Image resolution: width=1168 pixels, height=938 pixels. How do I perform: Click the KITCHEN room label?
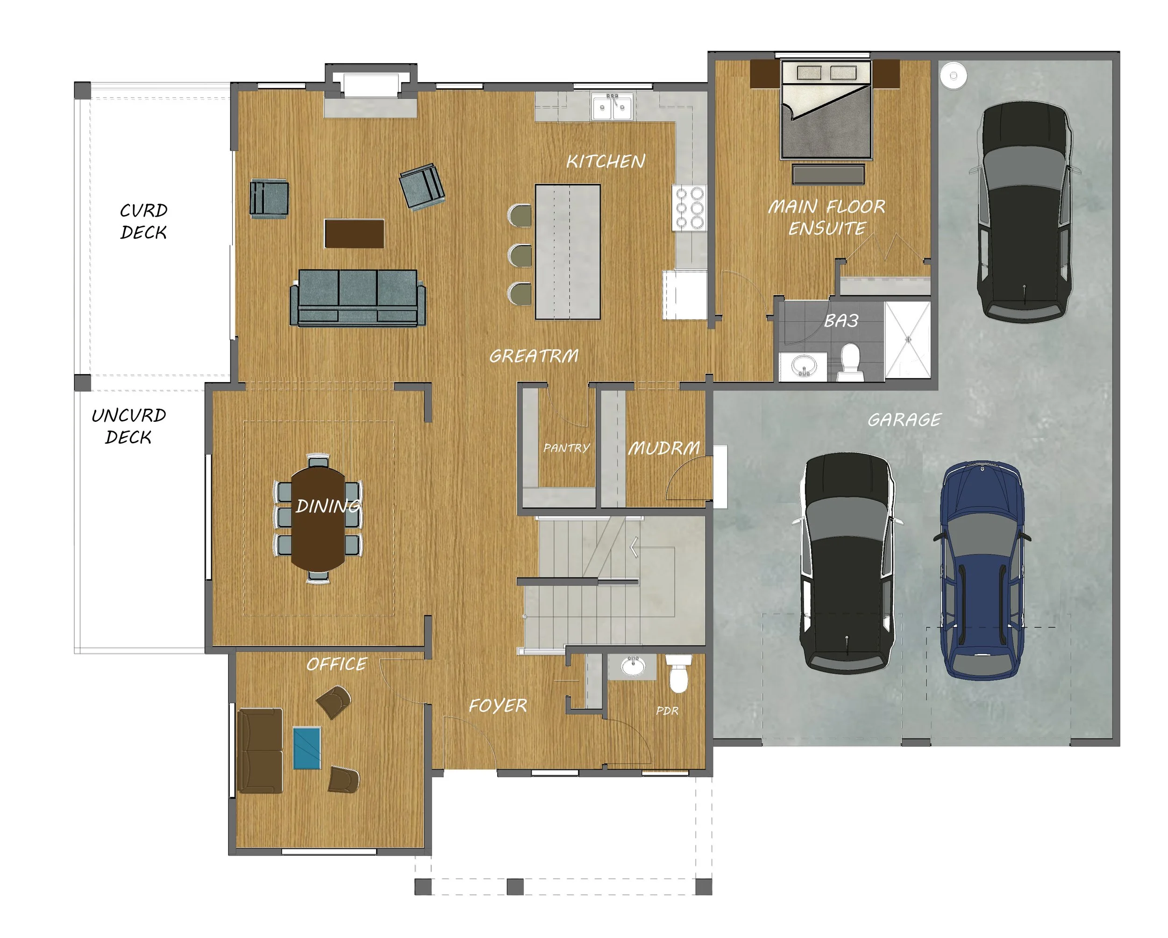tap(605, 161)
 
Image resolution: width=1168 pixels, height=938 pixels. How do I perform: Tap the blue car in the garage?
tap(982, 571)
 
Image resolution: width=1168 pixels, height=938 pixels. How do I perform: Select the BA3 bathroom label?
tap(841, 321)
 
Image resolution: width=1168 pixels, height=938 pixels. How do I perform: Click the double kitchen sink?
tap(612, 107)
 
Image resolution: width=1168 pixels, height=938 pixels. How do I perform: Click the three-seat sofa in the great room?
tap(357, 298)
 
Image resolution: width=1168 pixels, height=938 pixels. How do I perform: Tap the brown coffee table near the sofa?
tap(354, 234)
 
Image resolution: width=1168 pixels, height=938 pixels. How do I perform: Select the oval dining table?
tap(318, 519)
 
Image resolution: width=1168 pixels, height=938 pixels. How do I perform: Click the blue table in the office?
tap(306, 748)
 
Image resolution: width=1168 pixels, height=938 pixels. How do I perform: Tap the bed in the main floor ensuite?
tap(826, 111)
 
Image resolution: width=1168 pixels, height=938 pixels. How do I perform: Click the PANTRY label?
tap(566, 448)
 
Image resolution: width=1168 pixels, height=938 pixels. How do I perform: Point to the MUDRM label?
tap(663, 448)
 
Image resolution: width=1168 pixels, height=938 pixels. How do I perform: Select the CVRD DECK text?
tap(143, 221)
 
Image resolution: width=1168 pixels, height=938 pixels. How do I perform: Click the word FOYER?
tap(497, 706)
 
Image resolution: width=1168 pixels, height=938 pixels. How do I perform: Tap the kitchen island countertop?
tap(567, 252)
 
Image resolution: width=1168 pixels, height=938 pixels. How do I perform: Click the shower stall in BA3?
tap(907, 340)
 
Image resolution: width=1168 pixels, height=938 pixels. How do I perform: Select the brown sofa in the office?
tap(261, 751)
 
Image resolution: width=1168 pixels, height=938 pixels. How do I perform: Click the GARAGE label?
tap(904, 419)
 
